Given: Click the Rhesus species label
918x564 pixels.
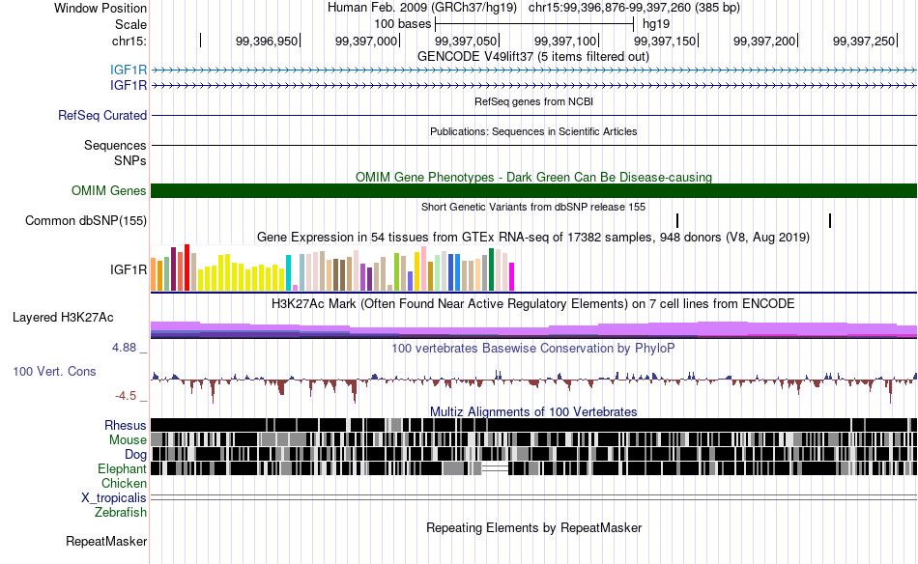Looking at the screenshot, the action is pyautogui.click(x=126, y=425).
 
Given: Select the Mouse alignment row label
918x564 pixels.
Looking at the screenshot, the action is pyautogui.click(x=128, y=440).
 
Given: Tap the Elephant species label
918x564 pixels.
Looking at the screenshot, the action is pyautogui.click(x=123, y=468).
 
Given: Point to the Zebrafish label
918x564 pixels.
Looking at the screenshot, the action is pyautogui.click(x=121, y=513).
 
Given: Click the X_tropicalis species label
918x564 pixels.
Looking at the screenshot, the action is pyautogui.click(x=114, y=498).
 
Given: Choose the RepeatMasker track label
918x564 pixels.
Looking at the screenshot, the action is pyautogui.click(x=106, y=541).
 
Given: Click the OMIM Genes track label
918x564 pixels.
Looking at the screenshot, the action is pyautogui.click(x=109, y=190).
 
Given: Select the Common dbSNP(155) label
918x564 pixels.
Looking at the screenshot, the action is pyautogui.click(x=86, y=220).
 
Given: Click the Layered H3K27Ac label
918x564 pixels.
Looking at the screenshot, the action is pyautogui.click(x=63, y=317).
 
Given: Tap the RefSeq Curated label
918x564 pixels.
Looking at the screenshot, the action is pyautogui.click(x=102, y=115).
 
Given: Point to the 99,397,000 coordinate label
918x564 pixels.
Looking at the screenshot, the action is pyautogui.click(x=366, y=41).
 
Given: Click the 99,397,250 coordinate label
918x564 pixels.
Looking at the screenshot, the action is pyautogui.click(x=864, y=41).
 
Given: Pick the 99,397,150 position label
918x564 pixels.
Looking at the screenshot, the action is pyautogui.click(x=665, y=41).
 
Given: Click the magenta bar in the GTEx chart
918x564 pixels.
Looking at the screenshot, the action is pyautogui.click(x=511, y=277).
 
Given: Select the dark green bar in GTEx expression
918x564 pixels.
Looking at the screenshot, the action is pyautogui.click(x=491, y=269).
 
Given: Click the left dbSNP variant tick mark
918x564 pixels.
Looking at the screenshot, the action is pyautogui.click(x=677, y=220).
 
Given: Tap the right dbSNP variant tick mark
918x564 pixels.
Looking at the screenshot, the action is pyautogui.click(x=830, y=220).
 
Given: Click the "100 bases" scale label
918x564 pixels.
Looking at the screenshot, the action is pyautogui.click(x=402, y=24).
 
